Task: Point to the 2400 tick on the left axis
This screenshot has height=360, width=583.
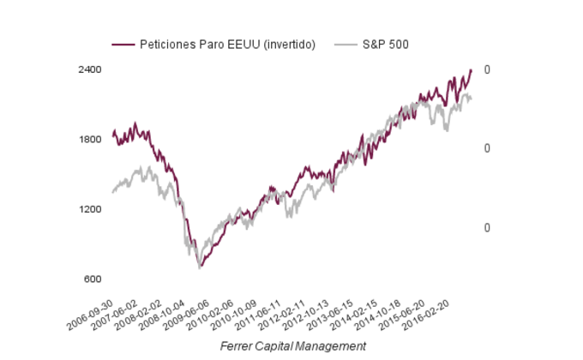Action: pos(91,69)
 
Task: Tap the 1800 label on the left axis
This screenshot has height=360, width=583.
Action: pos(91,140)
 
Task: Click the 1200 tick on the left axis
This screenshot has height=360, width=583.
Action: pos(91,209)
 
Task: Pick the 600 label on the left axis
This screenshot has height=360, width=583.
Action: pos(93,279)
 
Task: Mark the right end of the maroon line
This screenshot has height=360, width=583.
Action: pos(471,70)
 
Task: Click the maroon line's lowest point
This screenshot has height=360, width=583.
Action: pos(201,267)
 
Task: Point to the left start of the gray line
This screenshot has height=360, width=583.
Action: pos(112,192)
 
